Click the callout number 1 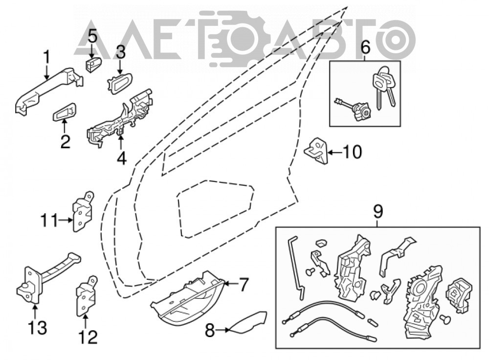(x=46, y=57)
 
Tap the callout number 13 (x=37, y=328)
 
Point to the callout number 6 (x=365, y=47)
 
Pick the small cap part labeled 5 (x=93, y=64)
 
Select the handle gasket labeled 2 (x=65, y=112)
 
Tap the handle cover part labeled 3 (x=120, y=83)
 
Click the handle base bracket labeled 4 (x=120, y=117)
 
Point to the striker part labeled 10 (x=316, y=151)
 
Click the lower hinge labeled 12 (x=86, y=296)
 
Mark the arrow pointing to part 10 (x=335, y=153)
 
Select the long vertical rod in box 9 (x=295, y=268)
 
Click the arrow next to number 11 (x=66, y=220)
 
